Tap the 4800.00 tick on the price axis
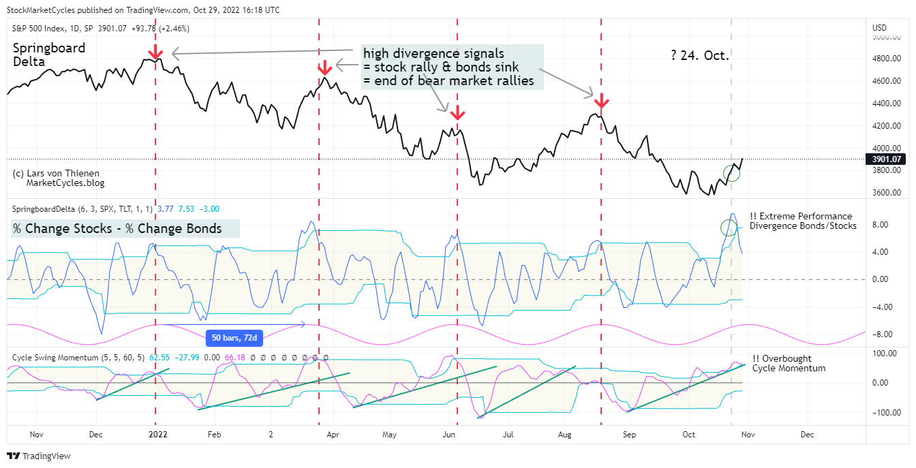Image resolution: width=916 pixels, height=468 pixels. coord(883,59)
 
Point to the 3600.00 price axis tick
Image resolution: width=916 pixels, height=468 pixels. coord(883,193)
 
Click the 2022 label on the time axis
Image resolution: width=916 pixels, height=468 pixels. coord(158,434)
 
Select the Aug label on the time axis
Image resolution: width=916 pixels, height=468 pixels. coord(564,434)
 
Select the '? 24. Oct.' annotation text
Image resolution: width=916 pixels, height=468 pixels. coord(700,55)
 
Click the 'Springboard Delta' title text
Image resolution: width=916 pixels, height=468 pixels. coord(49,54)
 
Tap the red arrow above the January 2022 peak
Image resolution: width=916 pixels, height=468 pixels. coord(156,51)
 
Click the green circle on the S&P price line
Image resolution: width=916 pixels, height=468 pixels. coord(732,173)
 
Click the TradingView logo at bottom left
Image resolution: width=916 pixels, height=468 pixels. coord(39,456)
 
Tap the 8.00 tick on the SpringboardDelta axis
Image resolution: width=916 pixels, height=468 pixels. coord(880,225)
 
